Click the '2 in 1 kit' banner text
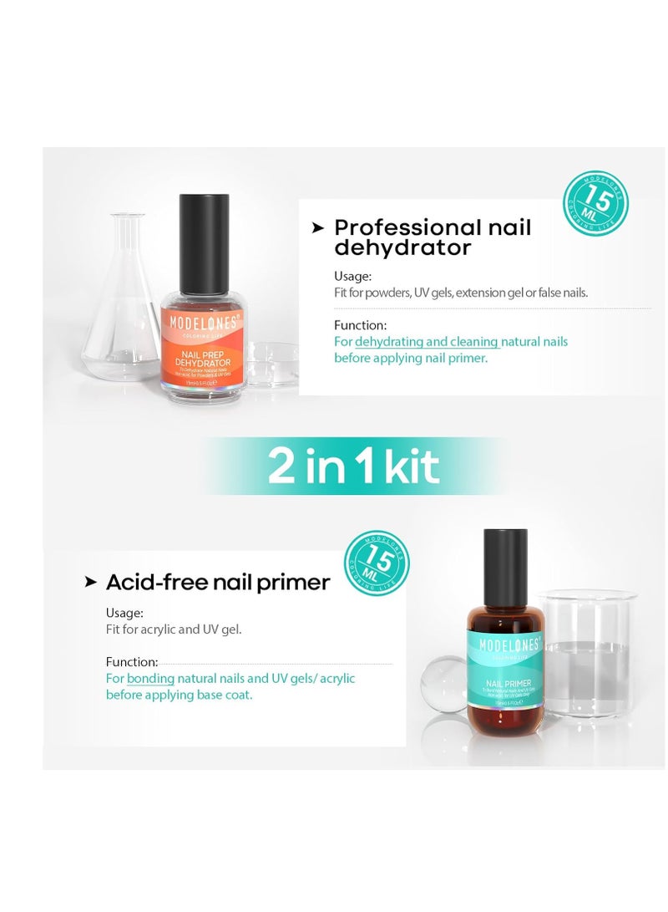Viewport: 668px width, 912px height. point(352,466)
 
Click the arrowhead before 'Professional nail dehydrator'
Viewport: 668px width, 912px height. point(317,227)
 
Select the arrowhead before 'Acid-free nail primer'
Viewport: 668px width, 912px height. point(91,582)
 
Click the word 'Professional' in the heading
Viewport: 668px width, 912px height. point(407,227)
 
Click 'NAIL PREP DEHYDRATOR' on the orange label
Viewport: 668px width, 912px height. point(204,357)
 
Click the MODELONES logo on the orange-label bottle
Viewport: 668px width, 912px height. point(204,320)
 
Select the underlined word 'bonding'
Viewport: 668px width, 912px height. point(150,678)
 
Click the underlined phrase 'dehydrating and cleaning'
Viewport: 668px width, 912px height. point(427,341)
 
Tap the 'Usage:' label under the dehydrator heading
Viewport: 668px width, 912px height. point(352,276)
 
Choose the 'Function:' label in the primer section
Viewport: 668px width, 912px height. point(132,662)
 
